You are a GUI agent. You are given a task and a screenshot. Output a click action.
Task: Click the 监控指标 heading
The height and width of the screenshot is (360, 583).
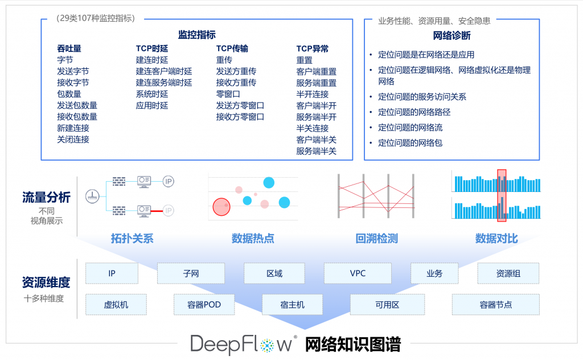[196, 35]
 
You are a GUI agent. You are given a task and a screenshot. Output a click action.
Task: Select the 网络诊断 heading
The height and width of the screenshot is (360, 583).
[451, 36]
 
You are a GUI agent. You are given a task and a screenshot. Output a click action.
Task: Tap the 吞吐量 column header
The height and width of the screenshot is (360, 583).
[69, 49]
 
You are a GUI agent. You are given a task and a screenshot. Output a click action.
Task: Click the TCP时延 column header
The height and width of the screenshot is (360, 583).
[151, 49]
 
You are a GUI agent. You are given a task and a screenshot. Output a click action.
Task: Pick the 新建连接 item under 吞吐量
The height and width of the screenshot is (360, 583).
[73, 128]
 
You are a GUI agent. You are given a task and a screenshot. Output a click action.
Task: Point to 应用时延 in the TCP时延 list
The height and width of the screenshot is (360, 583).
[151, 105]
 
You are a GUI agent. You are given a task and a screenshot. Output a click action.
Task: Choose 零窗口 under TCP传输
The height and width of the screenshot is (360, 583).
[228, 94]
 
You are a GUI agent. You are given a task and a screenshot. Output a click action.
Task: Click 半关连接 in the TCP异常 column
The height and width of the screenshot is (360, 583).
[312, 128]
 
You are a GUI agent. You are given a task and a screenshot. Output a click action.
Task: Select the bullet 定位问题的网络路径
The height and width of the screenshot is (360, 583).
[414, 112]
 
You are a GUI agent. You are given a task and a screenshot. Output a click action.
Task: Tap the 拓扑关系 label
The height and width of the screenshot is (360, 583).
[132, 239]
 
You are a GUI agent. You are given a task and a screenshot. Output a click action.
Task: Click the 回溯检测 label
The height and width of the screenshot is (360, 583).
[376, 239]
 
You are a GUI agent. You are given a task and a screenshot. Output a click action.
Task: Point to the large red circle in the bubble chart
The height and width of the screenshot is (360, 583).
[221, 207]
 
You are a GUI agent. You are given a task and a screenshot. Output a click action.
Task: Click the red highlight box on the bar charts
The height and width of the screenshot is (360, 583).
[502, 195]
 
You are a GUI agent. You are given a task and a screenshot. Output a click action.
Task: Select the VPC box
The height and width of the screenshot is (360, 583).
[358, 273]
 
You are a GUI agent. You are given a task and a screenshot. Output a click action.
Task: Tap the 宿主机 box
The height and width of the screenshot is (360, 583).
[293, 305]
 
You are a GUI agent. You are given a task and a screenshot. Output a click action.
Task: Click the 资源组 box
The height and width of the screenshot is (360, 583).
[508, 273]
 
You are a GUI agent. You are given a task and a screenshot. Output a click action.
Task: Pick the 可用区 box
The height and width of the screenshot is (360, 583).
[387, 305]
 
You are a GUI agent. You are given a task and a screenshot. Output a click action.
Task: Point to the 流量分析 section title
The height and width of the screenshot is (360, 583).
[46, 198]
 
